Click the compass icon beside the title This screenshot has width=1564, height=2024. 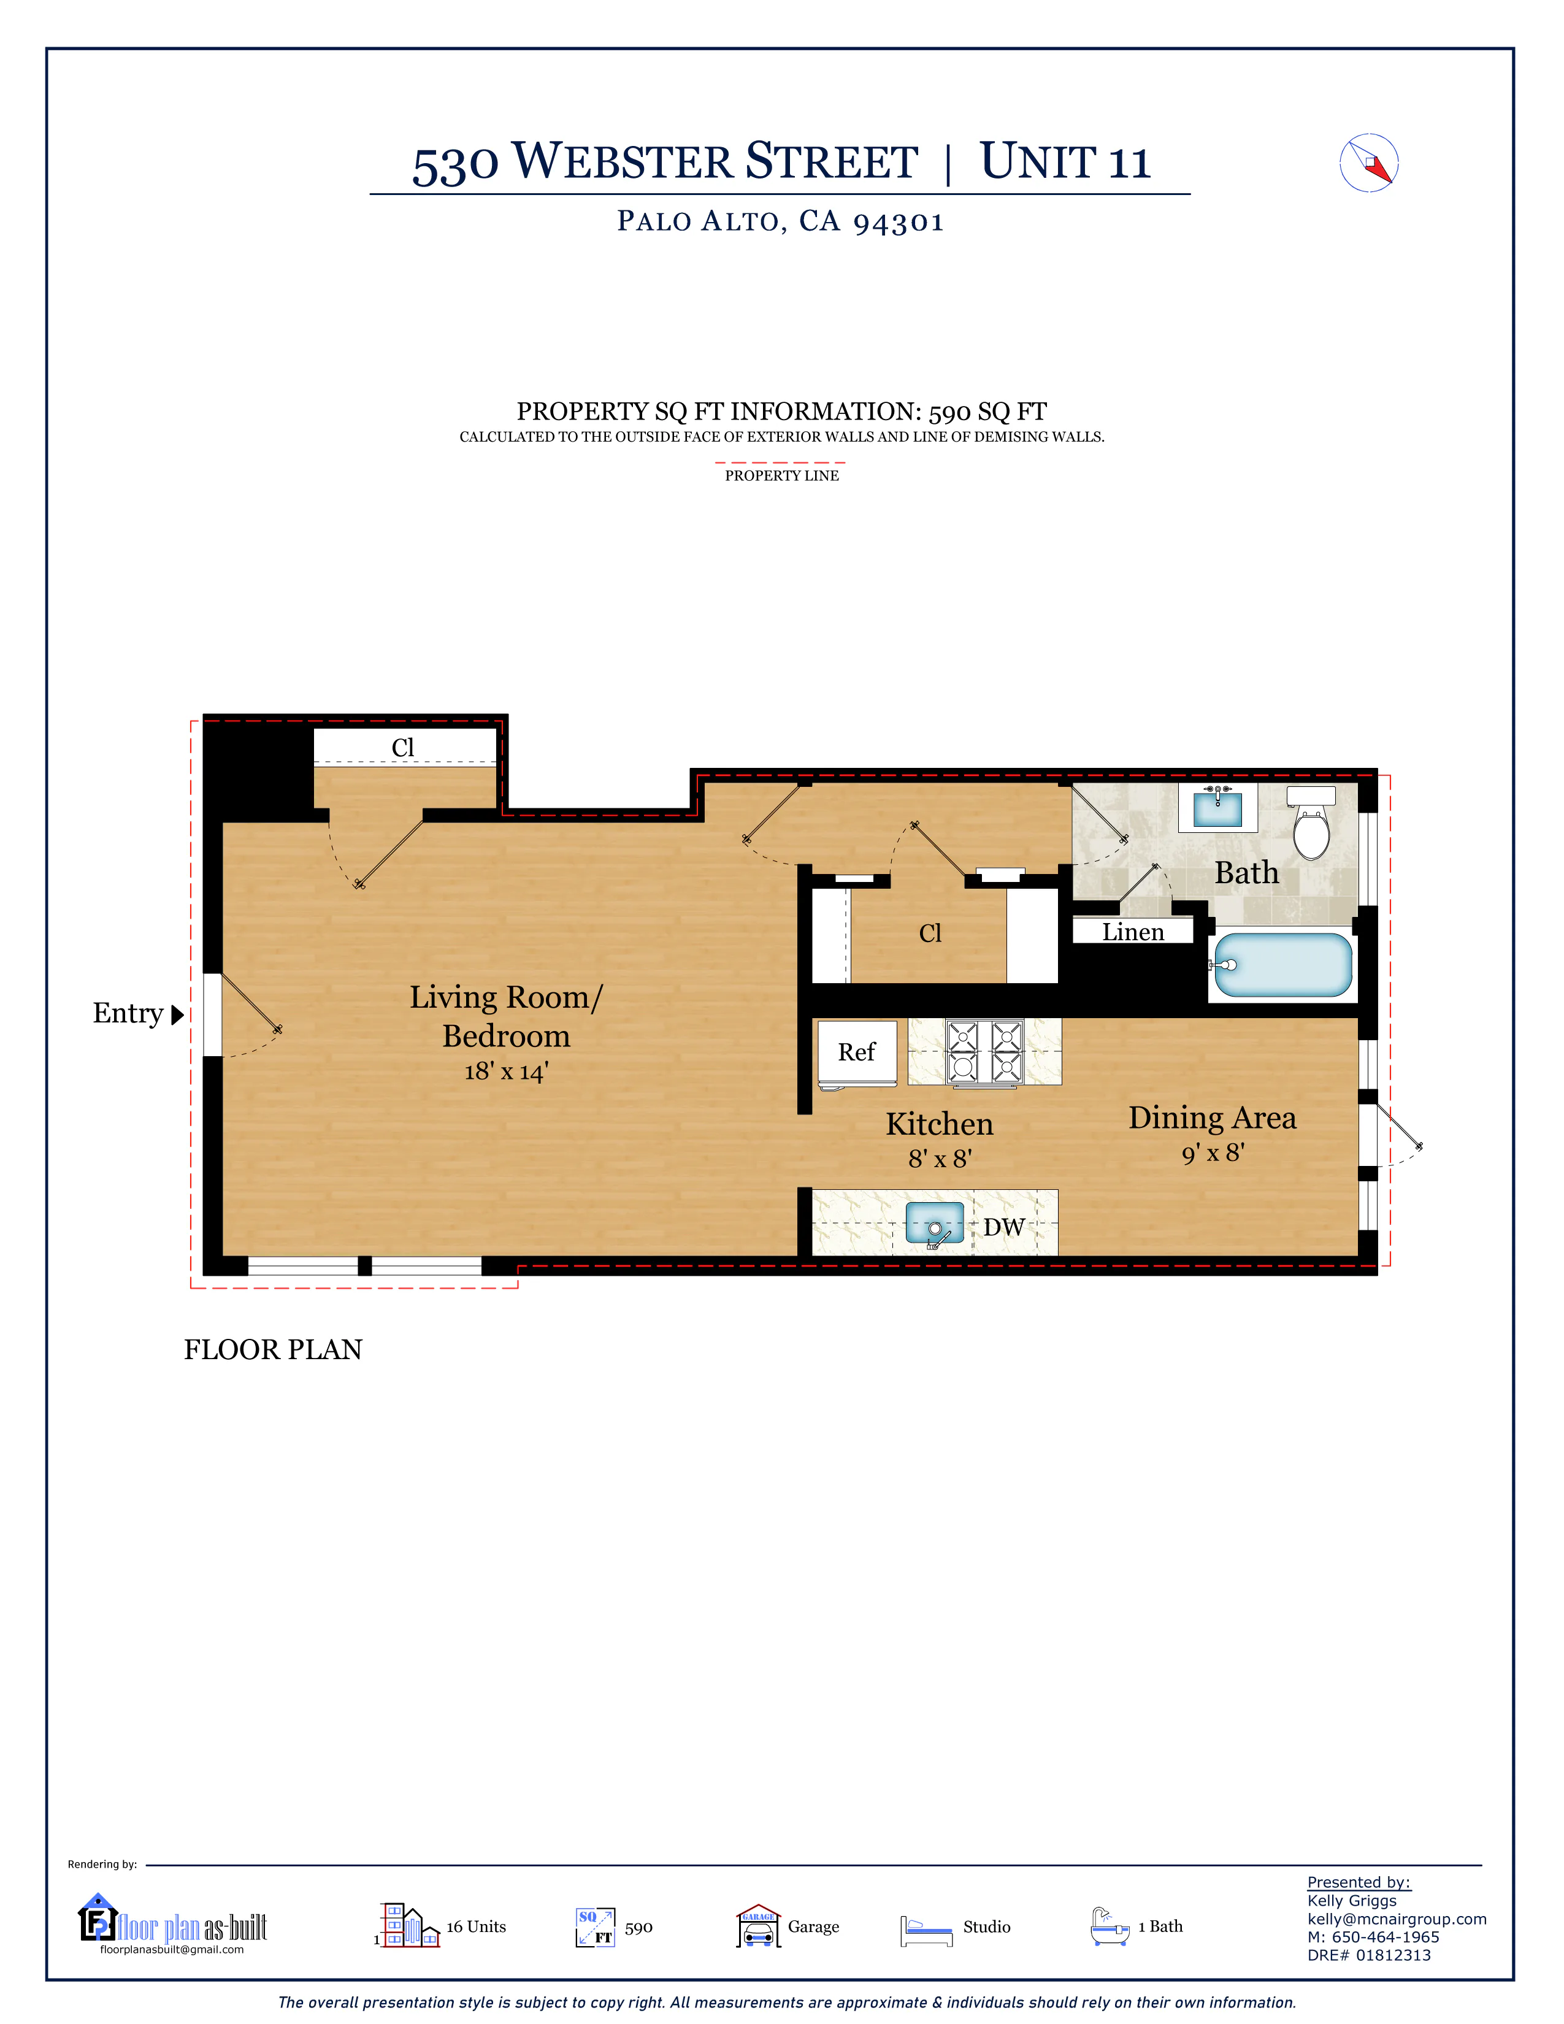point(1368,164)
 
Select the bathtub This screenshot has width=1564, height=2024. point(1282,965)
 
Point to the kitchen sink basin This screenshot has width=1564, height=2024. point(934,1224)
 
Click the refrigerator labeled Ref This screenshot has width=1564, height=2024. point(857,1052)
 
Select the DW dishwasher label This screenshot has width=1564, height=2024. point(1003,1227)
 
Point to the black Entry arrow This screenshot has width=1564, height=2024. point(178,1015)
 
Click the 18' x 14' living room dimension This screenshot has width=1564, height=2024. point(506,1071)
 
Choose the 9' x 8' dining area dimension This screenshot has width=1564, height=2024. point(1213,1153)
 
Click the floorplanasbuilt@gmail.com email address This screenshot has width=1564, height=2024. point(172,1950)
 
